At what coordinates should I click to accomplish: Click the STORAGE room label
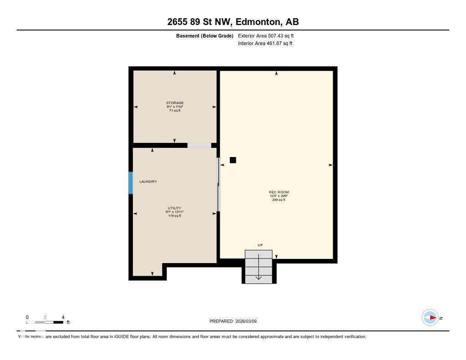tap(175, 103)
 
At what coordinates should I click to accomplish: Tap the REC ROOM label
tap(279, 192)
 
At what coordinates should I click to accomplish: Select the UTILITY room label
tap(175, 208)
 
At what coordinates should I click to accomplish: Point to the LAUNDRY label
tap(148, 182)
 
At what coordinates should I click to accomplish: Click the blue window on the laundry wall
tap(131, 183)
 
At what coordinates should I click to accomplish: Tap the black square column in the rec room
tap(233, 160)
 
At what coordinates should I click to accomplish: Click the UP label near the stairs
tap(260, 245)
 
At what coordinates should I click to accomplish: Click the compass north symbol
tap(430, 318)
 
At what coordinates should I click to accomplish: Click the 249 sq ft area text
tap(279, 200)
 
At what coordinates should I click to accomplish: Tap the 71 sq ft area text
tap(175, 111)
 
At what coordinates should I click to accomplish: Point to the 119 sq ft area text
tap(175, 216)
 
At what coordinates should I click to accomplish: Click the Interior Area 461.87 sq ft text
tap(265, 44)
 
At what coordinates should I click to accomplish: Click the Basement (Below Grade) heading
tap(205, 35)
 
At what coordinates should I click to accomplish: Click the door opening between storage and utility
tap(199, 145)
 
